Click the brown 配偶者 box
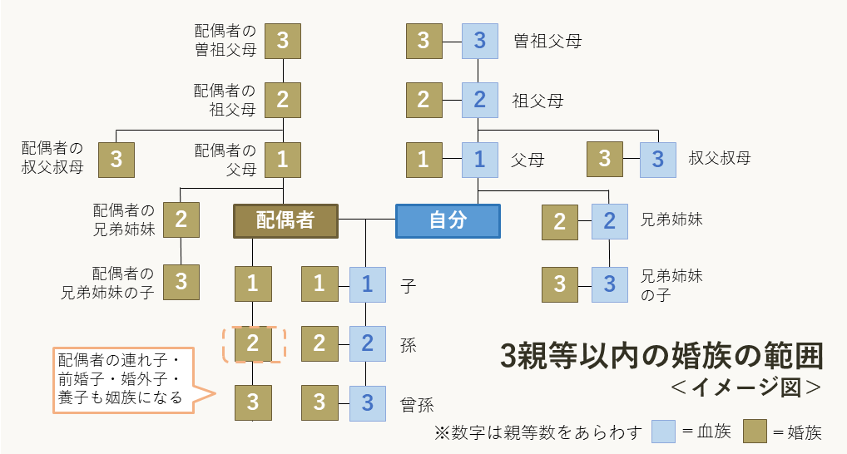[x=285, y=221]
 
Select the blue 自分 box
[x=448, y=221]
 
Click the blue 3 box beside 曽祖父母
[x=479, y=41]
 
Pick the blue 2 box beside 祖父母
[x=479, y=100]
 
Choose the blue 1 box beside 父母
[x=479, y=159]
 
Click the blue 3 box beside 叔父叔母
[x=657, y=159]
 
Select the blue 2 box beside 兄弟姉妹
[x=610, y=221]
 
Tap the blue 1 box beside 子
[x=367, y=284]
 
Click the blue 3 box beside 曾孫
[x=367, y=403]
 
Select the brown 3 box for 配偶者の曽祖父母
[x=283, y=41]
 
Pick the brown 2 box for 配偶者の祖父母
[x=283, y=100]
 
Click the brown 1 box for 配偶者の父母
[x=283, y=159]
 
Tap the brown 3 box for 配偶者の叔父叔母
[x=116, y=159]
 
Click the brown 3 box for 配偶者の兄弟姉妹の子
[x=181, y=282]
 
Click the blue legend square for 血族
[x=663, y=432]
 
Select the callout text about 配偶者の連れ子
[x=120, y=378]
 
